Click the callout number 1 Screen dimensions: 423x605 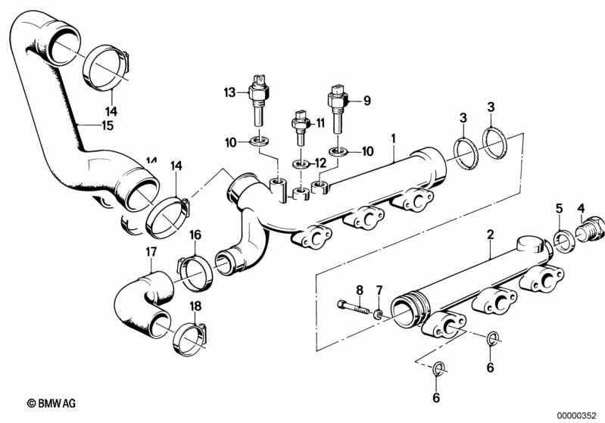[394, 138]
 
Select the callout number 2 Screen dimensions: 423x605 [490, 235]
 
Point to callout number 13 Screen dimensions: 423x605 [229, 93]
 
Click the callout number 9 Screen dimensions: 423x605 [368, 100]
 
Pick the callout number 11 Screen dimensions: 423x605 [320, 123]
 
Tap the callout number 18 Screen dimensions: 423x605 [196, 306]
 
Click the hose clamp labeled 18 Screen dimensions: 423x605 [189, 337]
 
